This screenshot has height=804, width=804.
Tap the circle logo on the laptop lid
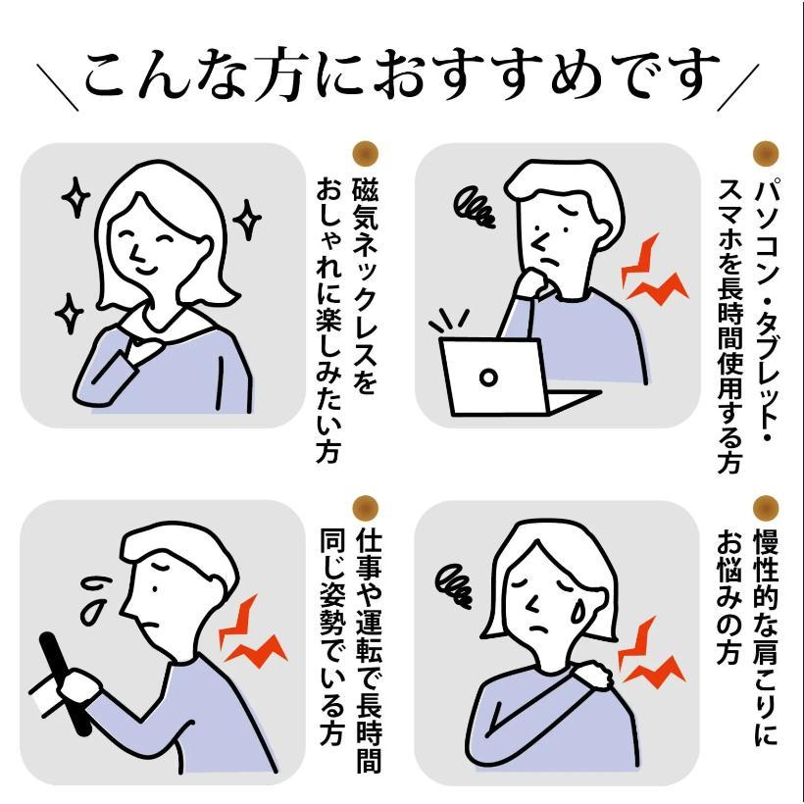[x=488, y=377]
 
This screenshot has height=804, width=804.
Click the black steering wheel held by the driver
[x=66, y=683]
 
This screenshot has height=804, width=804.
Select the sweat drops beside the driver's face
[x=94, y=600]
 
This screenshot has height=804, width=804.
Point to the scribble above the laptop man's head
[x=474, y=207]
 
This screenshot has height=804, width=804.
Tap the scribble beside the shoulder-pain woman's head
[x=453, y=585]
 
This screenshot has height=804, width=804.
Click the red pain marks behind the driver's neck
[x=251, y=633]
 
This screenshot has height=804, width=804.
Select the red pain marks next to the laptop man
[x=652, y=272]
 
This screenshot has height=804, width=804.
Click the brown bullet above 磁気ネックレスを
[x=366, y=153]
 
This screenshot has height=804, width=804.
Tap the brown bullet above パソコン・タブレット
[x=766, y=153]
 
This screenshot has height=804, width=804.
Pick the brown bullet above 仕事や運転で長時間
[x=366, y=508]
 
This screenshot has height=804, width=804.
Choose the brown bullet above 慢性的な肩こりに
[x=766, y=508]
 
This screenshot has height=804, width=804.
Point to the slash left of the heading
[x=58, y=87]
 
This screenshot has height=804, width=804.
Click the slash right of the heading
[x=738, y=87]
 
